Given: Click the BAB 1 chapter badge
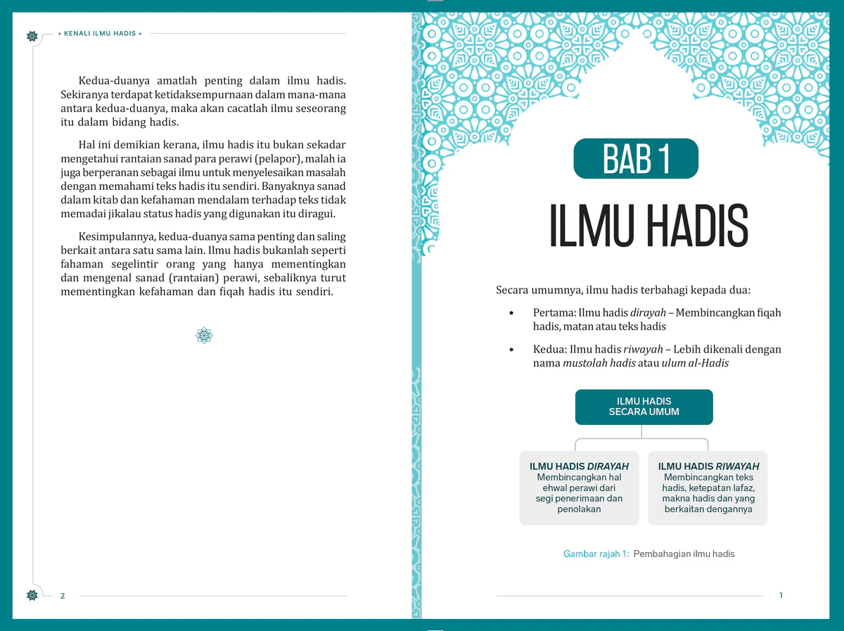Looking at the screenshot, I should tap(636, 159).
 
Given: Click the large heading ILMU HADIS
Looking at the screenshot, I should tap(648, 227).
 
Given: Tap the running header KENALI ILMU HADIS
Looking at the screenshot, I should tap(99, 34).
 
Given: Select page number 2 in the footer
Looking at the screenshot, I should tap(63, 596).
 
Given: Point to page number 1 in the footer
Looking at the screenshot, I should tap(781, 596).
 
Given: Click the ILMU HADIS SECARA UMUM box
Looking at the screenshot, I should tap(644, 407).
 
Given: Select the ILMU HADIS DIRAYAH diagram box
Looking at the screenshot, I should tap(579, 487).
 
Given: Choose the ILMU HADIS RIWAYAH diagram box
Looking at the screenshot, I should tap(708, 487).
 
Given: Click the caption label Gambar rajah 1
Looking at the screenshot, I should tap(596, 554).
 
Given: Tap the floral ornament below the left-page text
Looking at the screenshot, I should tap(204, 336).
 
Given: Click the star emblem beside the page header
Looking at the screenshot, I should tap(32, 36).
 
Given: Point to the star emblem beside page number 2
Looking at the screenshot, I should tap(32, 595).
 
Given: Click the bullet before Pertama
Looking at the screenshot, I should tap(512, 313).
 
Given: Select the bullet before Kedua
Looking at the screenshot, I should tap(512, 350).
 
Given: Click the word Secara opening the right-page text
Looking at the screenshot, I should tap(513, 290).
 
